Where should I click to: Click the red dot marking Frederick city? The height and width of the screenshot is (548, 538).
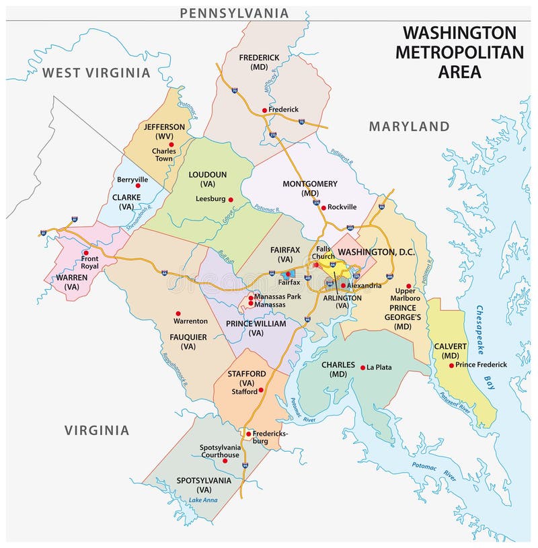pyautogui.click(x=265, y=109)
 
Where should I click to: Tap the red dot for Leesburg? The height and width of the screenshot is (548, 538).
pyautogui.click(x=231, y=199)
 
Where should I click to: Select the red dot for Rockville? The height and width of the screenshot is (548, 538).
pyautogui.click(x=323, y=207)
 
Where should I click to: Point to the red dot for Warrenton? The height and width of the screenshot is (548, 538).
pyautogui.click(x=178, y=313)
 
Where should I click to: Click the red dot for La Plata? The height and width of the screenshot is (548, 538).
pyautogui.click(x=362, y=367)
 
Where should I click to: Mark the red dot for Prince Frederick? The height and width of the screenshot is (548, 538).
pyautogui.click(x=451, y=365)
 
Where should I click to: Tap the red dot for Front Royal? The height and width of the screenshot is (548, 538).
pyautogui.click(x=85, y=253)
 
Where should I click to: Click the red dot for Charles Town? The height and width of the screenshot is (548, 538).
pyautogui.click(x=171, y=144)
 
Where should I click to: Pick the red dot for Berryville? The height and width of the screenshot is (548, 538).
pyautogui.click(x=138, y=186)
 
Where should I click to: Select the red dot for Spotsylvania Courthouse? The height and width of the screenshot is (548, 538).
pyautogui.click(x=225, y=461)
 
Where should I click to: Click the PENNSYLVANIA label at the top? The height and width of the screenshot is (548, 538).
pyautogui.click(x=234, y=13)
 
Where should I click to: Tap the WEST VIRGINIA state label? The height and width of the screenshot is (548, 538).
pyautogui.click(x=96, y=73)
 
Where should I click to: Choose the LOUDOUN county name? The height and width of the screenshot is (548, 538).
pyautogui.click(x=207, y=174)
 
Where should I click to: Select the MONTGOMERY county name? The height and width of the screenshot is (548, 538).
pyautogui.click(x=309, y=184)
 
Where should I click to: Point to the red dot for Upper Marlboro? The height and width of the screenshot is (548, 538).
pyautogui.click(x=408, y=286)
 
